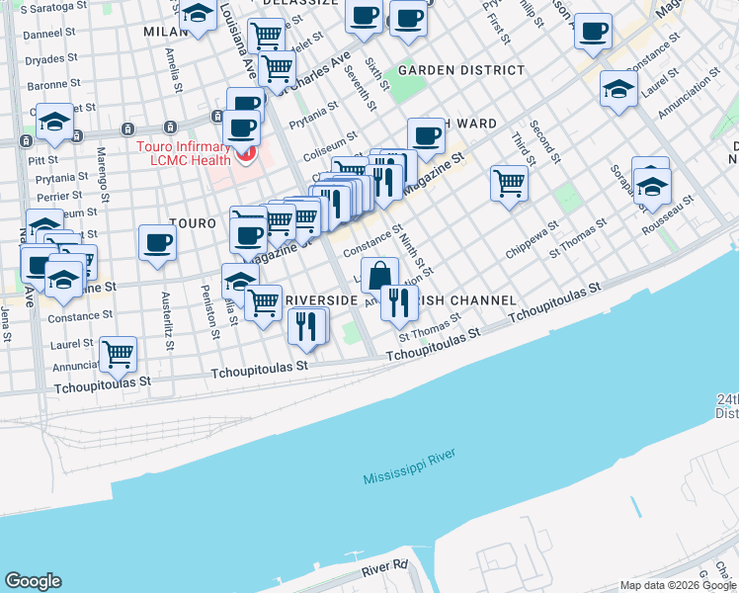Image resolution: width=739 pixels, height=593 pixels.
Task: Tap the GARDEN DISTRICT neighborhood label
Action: pos(461,71)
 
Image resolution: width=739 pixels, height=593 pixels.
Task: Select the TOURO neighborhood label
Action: pos(192,224)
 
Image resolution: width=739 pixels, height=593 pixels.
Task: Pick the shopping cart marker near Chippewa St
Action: pos(509,182)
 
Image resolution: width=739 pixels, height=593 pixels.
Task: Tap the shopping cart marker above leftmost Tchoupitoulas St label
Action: pos(118,352)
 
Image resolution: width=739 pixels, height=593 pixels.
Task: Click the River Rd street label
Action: pos(384,567)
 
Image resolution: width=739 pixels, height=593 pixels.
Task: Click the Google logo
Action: pos(34,581)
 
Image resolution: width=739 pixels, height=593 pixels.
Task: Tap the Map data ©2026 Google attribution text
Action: pos(677,585)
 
